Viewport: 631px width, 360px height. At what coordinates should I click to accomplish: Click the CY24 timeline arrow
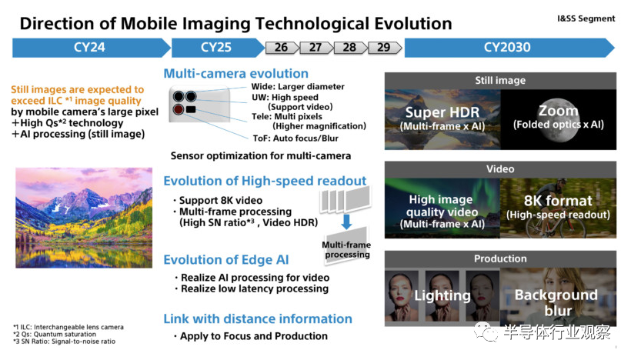(92, 48)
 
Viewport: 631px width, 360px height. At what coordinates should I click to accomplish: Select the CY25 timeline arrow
(218, 48)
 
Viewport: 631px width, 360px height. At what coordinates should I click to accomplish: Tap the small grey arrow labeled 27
(316, 48)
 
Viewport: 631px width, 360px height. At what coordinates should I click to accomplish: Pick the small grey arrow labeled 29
(384, 48)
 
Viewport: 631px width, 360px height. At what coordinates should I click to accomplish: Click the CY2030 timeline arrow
(509, 48)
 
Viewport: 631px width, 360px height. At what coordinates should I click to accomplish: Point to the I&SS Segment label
(586, 18)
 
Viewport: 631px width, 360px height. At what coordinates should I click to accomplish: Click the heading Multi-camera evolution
(235, 74)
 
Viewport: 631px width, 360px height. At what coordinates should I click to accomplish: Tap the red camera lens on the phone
(179, 109)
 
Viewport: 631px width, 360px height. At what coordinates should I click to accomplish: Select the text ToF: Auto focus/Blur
(295, 138)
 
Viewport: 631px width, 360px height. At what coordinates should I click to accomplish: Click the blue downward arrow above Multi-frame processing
(346, 222)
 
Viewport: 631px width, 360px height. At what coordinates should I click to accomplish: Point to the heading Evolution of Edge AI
(226, 260)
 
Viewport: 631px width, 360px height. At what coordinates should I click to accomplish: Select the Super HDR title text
(442, 112)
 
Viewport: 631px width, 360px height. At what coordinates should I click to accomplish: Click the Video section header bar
(500, 169)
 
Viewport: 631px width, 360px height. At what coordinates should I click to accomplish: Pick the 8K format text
(558, 200)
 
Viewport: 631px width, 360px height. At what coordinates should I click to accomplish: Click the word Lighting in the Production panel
(442, 295)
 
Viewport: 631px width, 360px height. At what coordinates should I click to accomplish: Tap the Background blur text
(556, 302)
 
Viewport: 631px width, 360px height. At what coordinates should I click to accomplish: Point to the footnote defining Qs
(55, 335)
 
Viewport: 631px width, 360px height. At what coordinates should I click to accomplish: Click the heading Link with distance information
(258, 319)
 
